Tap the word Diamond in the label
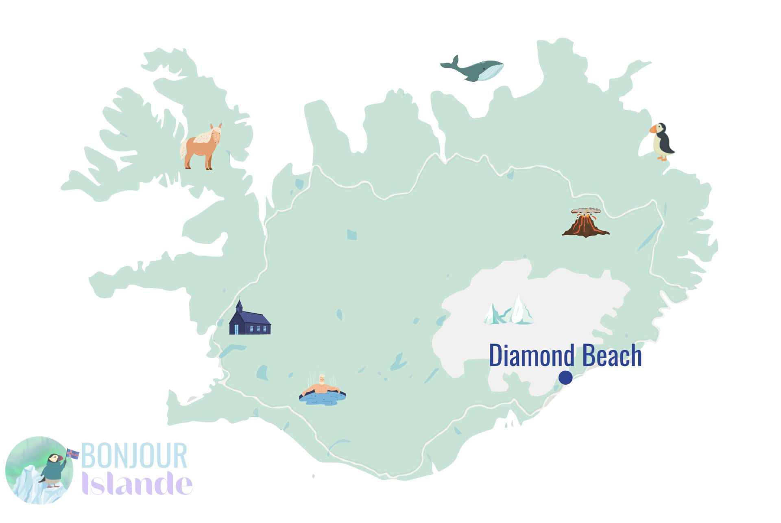tap(532, 355)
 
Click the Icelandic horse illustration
tap(201, 147)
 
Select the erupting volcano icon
tap(585, 224)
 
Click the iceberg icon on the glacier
tap(509, 311)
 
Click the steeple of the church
tap(240, 306)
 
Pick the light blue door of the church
tap(237, 329)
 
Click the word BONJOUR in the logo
tap(134, 456)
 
